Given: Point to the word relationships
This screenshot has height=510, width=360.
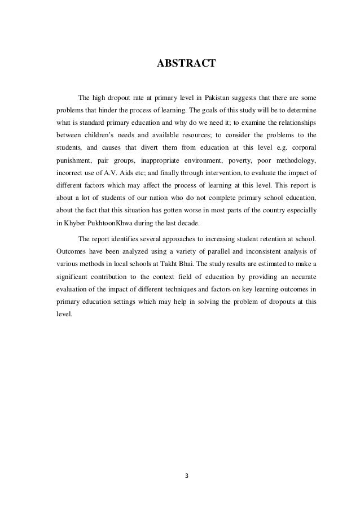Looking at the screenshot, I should (x=291, y=122).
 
